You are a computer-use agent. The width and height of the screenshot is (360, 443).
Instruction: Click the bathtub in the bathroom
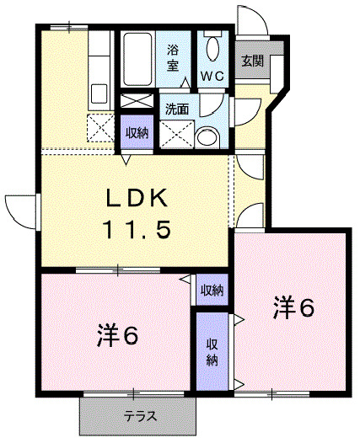pos(137,59)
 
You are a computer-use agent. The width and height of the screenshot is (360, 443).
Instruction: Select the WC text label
pos(211,75)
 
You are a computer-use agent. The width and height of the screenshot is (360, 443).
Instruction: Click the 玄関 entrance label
pos(251,61)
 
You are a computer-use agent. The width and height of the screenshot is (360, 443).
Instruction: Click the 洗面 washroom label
pos(177,109)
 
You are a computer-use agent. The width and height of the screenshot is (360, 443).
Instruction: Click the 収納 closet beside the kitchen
pos(137,133)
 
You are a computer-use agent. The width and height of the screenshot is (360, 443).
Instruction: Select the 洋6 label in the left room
pos(116,335)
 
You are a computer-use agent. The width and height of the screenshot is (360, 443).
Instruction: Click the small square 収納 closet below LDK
pos(212,291)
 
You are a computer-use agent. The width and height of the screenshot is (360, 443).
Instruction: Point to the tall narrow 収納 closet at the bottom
pos(212,351)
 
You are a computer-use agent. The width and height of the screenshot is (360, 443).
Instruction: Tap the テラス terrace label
pos(140,417)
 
